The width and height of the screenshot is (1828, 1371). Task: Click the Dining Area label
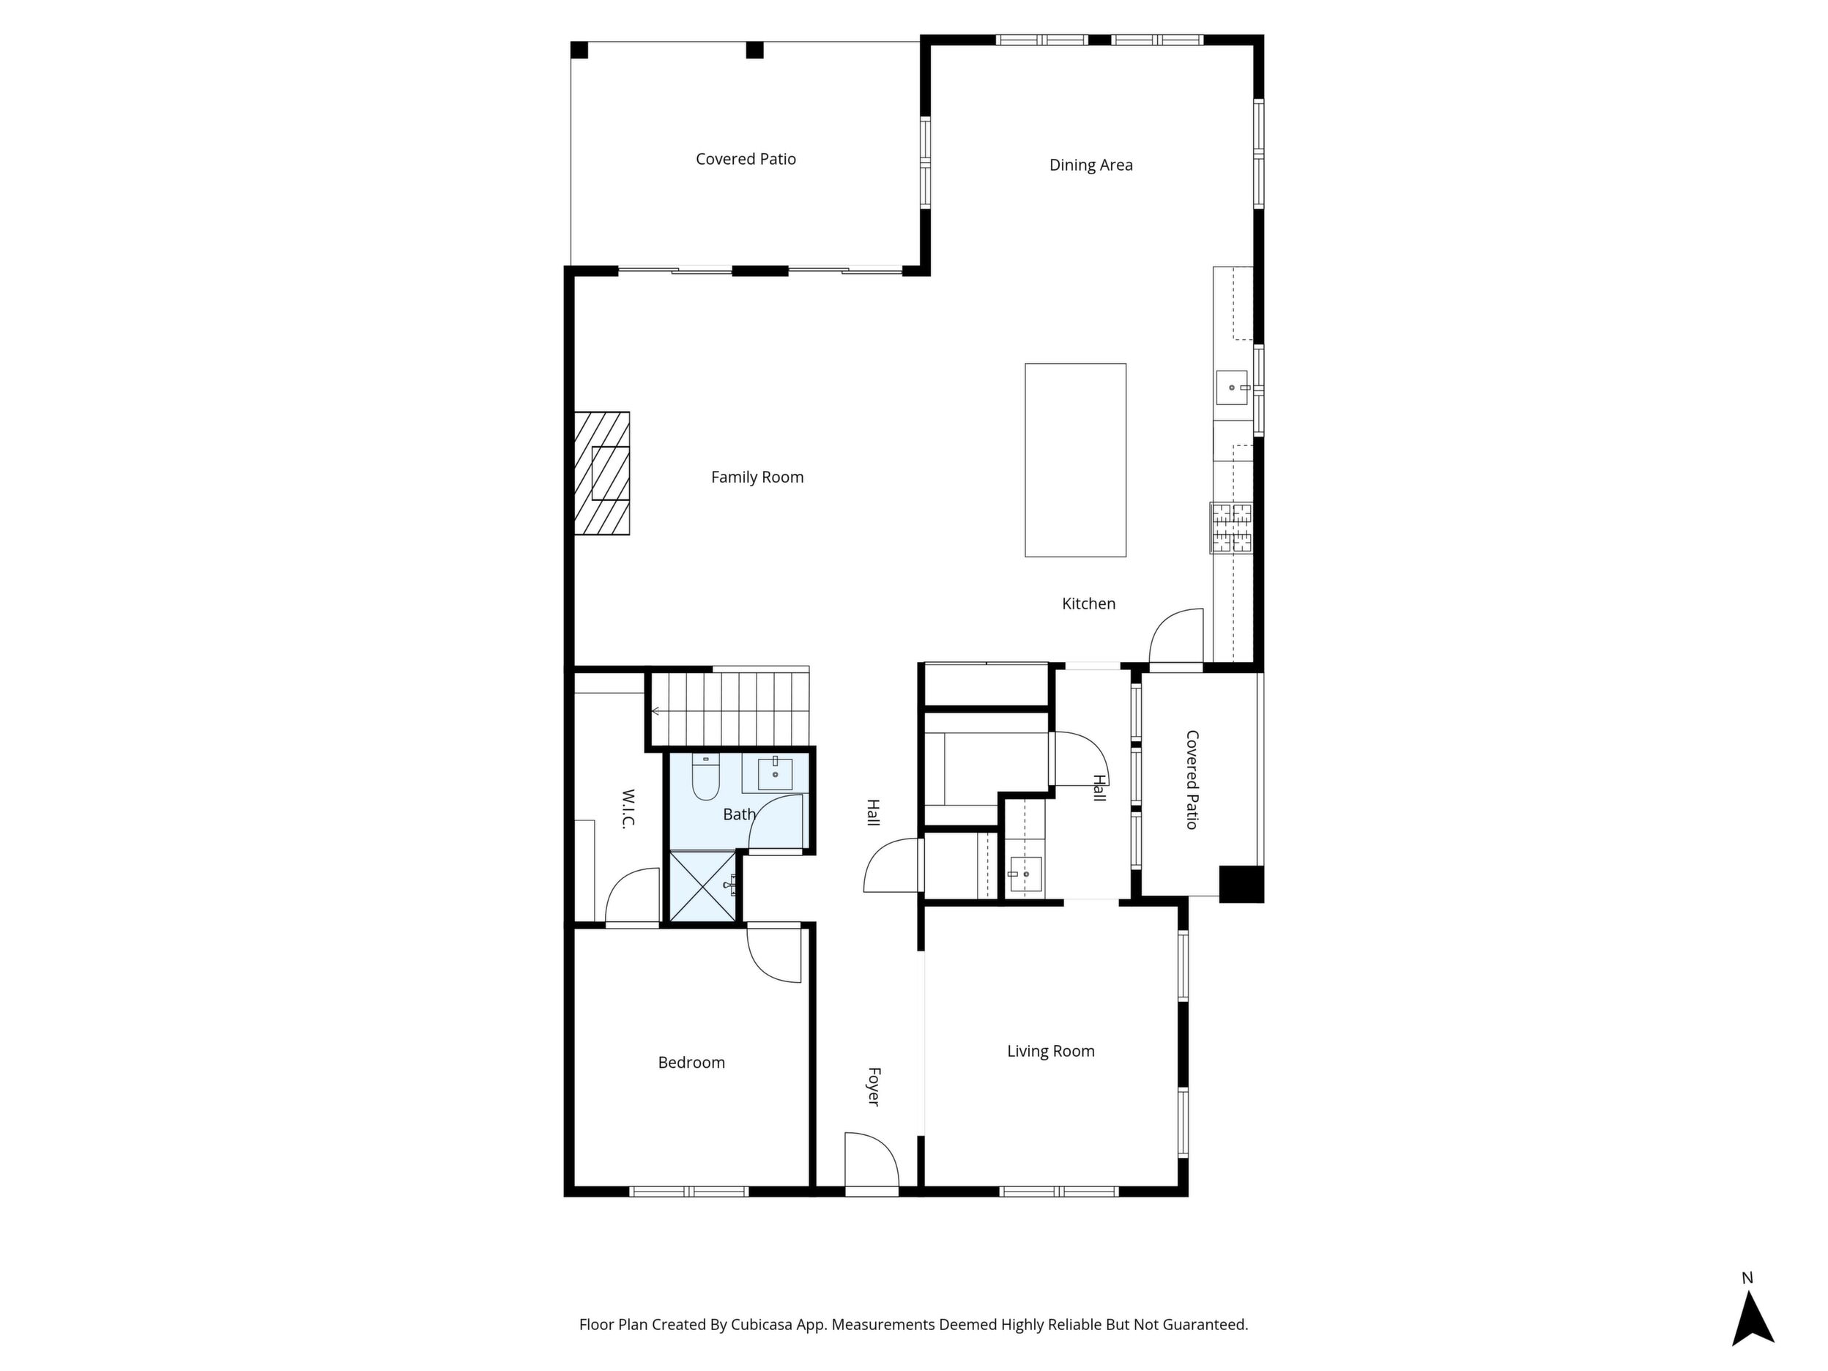[1091, 166]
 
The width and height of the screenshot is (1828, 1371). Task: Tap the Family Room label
[757, 478]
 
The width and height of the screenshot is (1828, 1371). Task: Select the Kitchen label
[1088, 604]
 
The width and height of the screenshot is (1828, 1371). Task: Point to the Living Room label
[1050, 1051]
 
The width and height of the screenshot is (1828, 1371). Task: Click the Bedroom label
[691, 1063]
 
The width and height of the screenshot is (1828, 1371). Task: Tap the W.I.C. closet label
[627, 809]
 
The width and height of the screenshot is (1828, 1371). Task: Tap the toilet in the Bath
[705, 778]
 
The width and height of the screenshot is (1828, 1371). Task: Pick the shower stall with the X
[702, 886]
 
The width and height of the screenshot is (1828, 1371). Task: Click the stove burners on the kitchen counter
[1231, 527]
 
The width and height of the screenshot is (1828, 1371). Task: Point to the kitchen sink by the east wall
[1232, 387]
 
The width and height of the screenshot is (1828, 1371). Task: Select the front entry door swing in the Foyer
[872, 1159]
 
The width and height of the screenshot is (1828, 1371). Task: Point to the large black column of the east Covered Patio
[1241, 883]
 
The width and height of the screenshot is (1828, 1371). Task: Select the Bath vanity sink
[775, 774]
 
